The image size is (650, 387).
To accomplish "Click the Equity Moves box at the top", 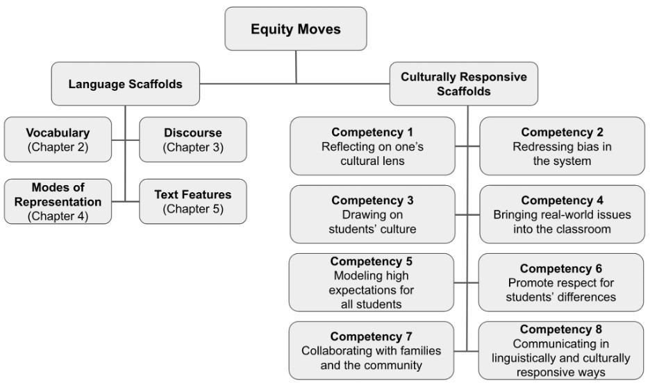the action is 296,28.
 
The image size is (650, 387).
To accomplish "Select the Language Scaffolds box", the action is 125,84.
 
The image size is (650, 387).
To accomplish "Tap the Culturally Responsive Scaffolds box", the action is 463,84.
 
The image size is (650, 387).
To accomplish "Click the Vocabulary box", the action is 58,139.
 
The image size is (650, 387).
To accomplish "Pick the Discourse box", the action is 193,139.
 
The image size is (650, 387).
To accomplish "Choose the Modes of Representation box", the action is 58,202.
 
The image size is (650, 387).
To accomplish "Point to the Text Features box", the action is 193,202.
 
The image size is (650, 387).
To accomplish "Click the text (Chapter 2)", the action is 58,147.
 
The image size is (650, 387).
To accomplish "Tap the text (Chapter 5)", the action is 193,209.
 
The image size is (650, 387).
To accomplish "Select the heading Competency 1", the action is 372,132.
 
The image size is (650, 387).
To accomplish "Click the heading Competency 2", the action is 562,132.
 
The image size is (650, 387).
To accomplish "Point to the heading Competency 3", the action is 372,200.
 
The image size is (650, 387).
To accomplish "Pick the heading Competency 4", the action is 562,200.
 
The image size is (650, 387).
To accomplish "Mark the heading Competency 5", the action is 371,261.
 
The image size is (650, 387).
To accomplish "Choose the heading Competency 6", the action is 561,268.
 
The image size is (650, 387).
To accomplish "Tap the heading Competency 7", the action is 371,336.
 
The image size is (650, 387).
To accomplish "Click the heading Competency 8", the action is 561,329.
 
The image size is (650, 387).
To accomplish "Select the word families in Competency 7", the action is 418,350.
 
